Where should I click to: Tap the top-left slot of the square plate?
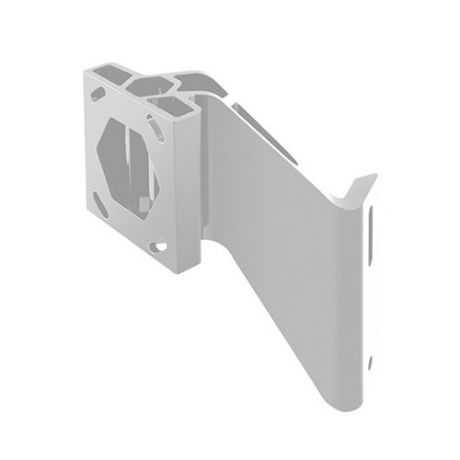coord(98,94)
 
